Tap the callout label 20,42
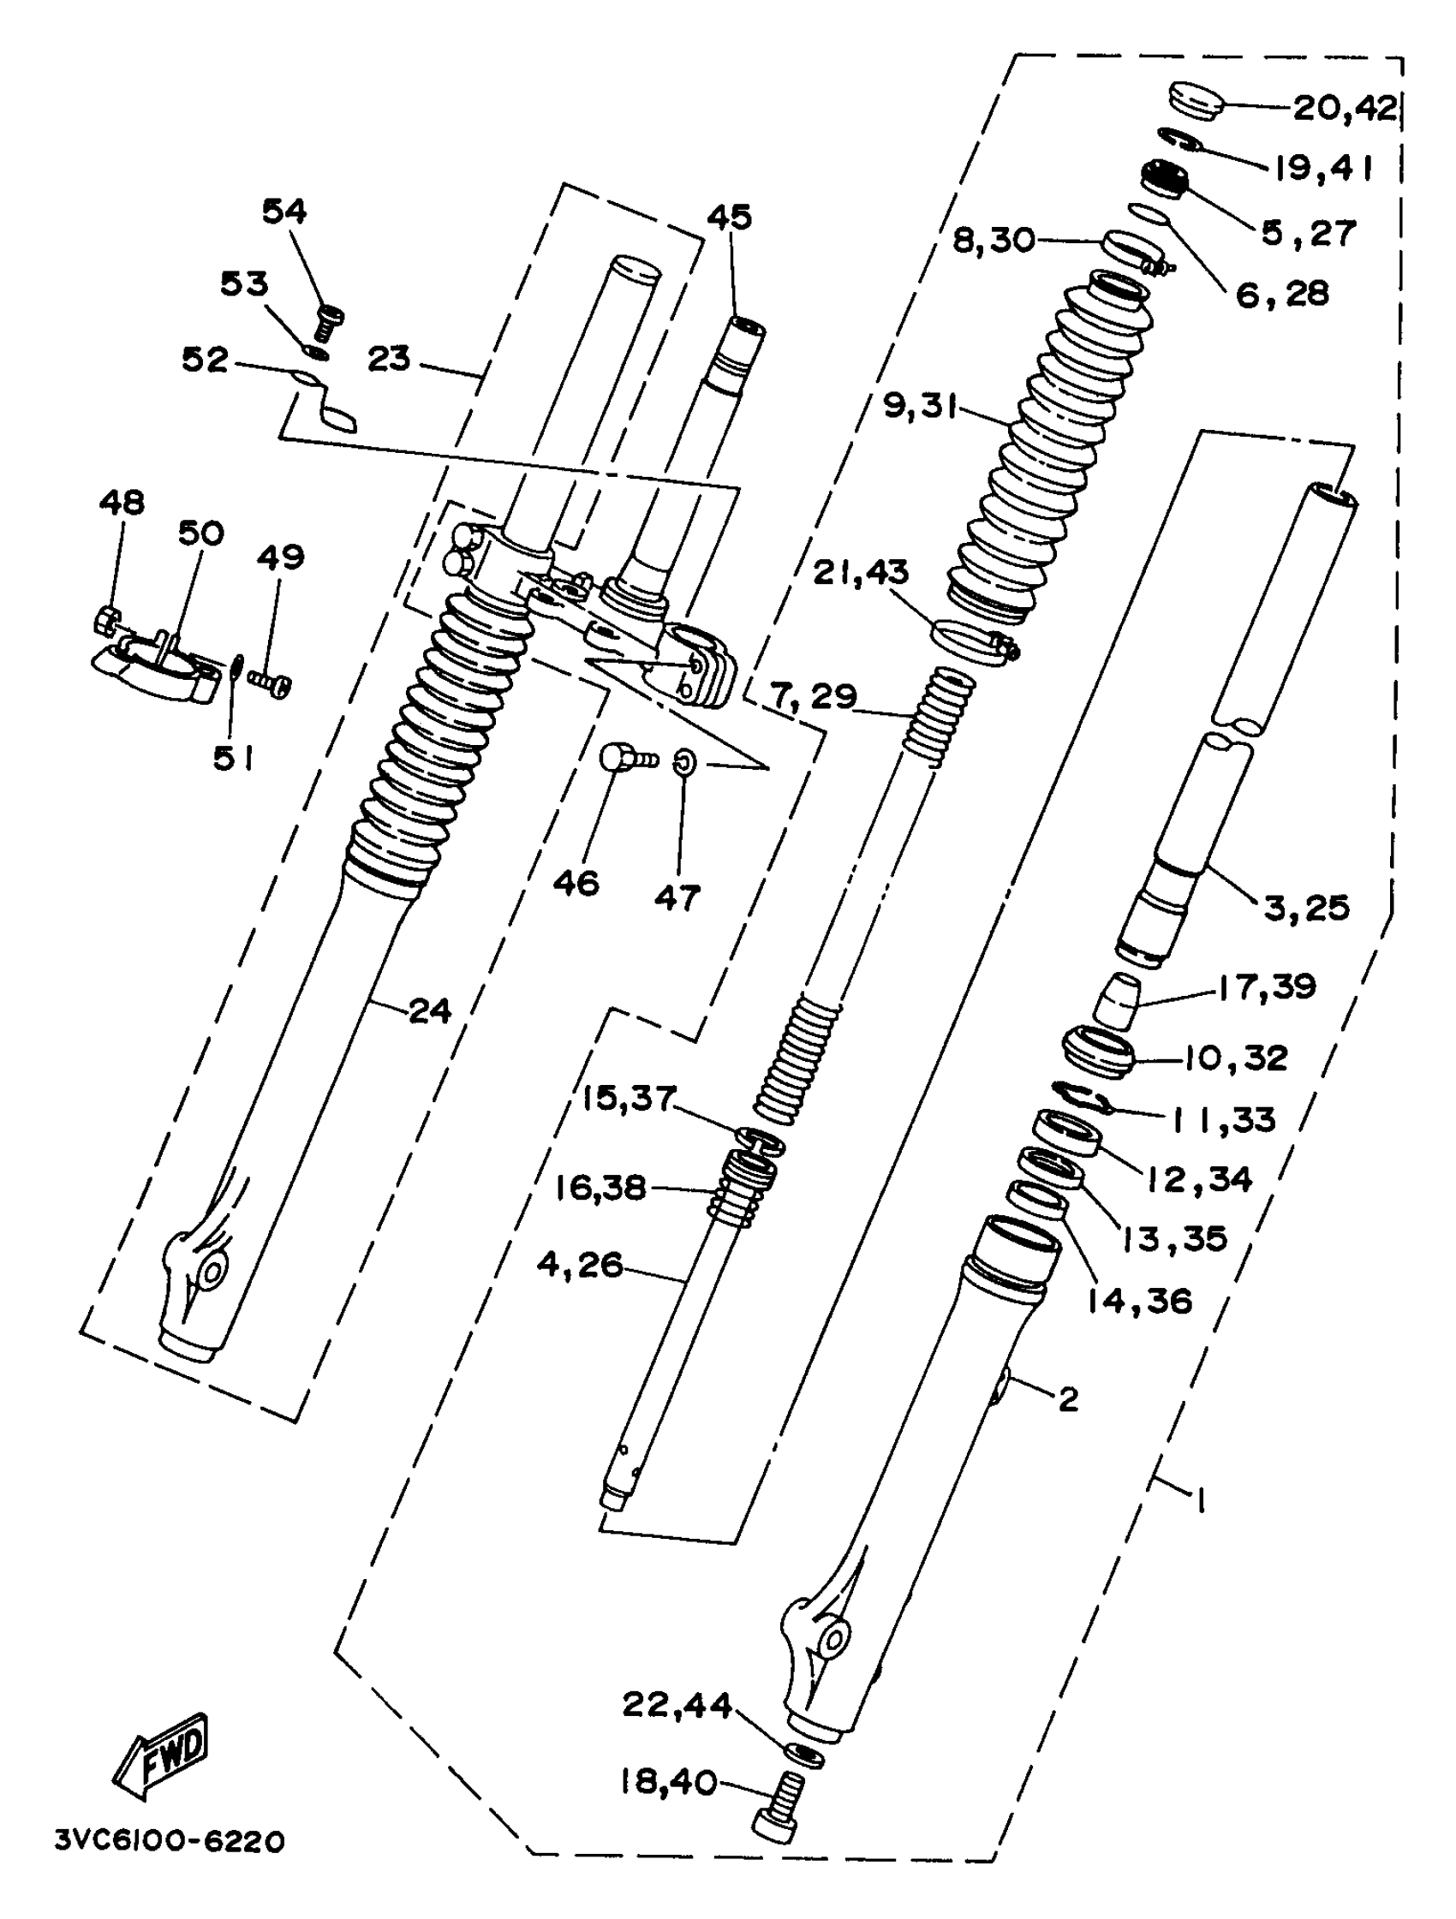(x=1345, y=109)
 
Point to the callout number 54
(x=284, y=211)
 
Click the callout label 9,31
(x=920, y=404)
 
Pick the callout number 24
(x=429, y=1010)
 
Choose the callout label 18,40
(x=667, y=1782)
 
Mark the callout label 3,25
(x=1307, y=908)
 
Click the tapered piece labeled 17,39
(x=1117, y=1001)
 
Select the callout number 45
(x=729, y=217)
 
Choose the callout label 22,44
(x=677, y=1705)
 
